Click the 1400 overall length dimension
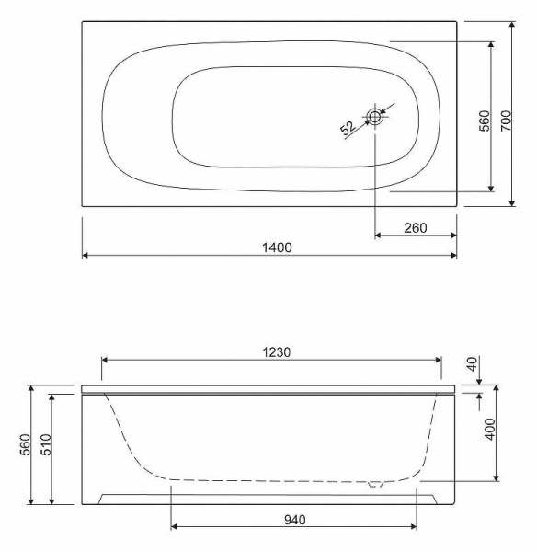277,247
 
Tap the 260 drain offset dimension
416,228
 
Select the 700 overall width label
506,121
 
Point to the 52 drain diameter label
348,128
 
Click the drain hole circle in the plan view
375,116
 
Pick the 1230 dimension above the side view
277,352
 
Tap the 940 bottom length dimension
295,520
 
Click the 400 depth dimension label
490,429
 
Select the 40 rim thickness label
474,363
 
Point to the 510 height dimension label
46,444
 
